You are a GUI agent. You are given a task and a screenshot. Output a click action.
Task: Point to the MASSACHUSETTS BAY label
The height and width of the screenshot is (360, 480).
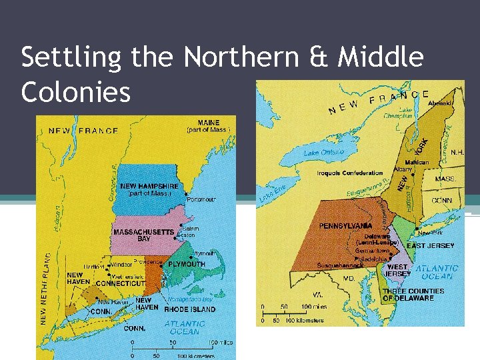143,235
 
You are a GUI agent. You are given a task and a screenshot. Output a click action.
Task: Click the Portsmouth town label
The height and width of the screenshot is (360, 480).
201,199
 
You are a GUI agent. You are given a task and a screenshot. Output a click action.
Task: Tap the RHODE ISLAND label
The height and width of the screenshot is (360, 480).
190,309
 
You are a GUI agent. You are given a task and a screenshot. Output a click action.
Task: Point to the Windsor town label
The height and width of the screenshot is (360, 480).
121,265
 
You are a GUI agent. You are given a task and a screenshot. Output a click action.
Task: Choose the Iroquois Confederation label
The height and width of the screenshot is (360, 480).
350,173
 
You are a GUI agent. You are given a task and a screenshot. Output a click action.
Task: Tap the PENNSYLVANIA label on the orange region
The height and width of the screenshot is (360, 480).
345,226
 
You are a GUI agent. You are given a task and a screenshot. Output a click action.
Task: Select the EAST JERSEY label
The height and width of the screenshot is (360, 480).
431,246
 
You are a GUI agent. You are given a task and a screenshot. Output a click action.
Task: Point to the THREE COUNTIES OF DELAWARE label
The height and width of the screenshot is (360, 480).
413,295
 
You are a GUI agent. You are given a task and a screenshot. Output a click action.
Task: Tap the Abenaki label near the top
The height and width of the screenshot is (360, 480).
441,103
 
